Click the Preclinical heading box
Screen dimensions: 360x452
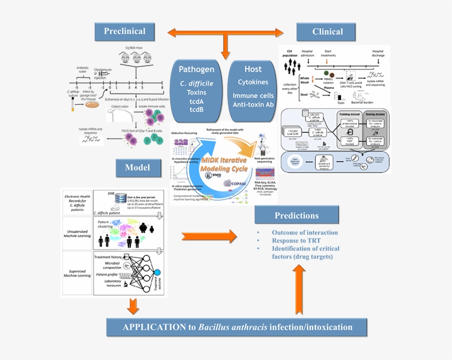pos(124,31)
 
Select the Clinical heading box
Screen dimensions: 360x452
pos(327,31)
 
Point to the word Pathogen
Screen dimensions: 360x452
pos(196,70)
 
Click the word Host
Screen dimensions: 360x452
pos(253,69)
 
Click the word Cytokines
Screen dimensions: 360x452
pos(253,82)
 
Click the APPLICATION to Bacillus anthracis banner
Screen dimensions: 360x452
pos(237,327)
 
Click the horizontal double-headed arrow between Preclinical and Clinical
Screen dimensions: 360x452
pos(225,32)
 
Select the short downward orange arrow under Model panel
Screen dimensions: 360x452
pos(132,305)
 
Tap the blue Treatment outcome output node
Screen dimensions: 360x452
pos(157,272)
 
